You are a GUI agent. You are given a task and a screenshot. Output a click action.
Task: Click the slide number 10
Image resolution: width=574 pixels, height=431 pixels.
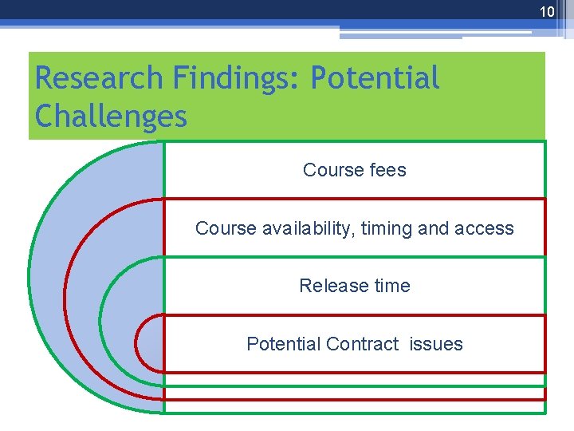(x=546, y=11)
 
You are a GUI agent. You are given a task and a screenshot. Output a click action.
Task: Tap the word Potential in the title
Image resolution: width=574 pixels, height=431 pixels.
(x=375, y=78)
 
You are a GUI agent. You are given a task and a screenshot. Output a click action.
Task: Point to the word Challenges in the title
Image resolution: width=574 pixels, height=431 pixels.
(x=111, y=117)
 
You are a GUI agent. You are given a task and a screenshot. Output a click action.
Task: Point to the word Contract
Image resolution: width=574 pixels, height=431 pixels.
(x=362, y=344)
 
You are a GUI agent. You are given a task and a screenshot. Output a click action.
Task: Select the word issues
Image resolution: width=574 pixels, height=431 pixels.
(x=436, y=344)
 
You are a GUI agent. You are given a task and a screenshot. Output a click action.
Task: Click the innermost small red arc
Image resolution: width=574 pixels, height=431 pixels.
(x=138, y=344)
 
